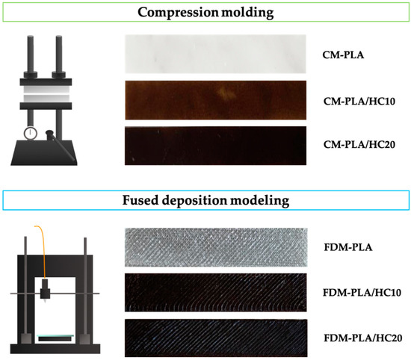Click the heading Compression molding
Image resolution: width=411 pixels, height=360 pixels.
click(x=205, y=12)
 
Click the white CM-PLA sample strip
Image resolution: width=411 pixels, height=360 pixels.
click(x=215, y=52)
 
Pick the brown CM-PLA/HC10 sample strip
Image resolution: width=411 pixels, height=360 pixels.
click(x=215, y=99)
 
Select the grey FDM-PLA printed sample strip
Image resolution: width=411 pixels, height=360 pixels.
click(x=215, y=245)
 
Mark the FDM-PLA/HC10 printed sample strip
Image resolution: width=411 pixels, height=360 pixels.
click(x=215, y=291)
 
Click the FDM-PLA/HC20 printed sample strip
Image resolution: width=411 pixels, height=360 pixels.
click(x=215, y=333)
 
